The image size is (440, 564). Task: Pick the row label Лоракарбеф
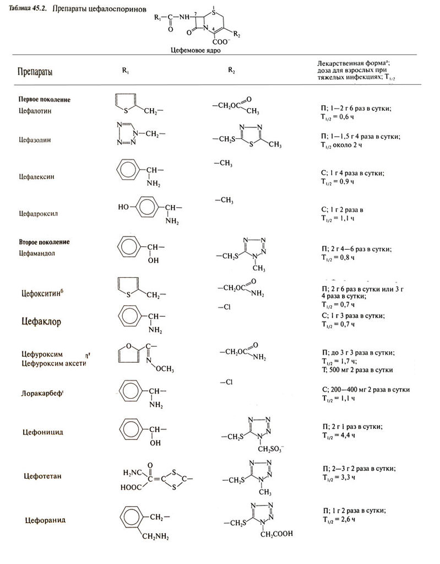click(x=41, y=395)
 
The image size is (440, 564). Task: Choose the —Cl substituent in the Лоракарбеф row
click(x=225, y=382)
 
